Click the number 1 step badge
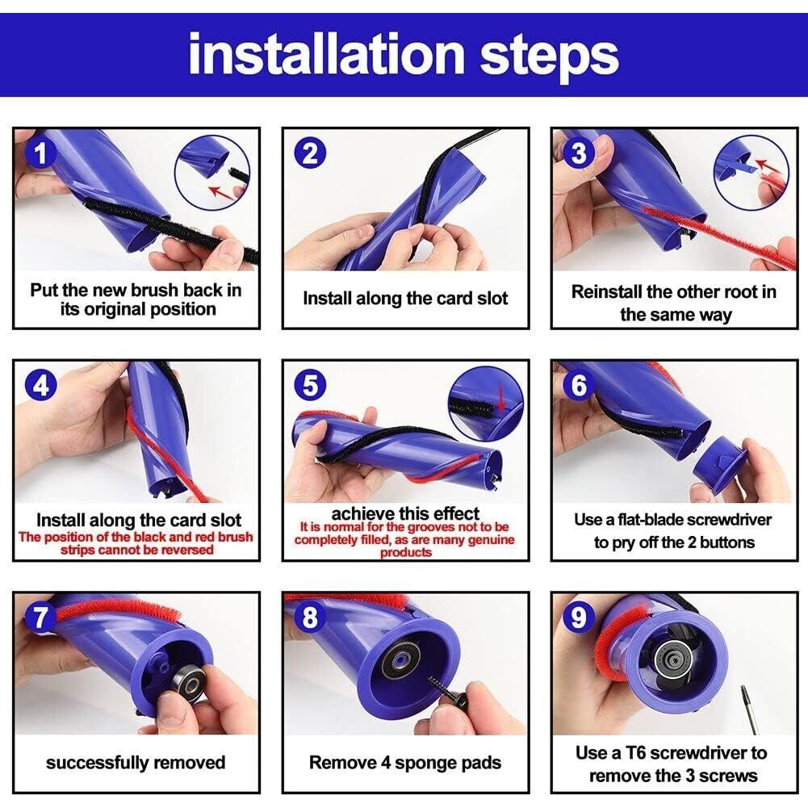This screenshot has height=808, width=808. (x=40, y=153)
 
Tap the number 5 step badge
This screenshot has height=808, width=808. (x=310, y=385)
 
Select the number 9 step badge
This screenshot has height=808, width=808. (x=579, y=618)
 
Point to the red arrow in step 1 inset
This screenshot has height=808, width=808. (x=220, y=191)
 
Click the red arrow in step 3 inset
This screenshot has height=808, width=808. (x=766, y=167)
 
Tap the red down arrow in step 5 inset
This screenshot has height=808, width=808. (x=500, y=399)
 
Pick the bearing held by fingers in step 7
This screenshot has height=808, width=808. (x=187, y=684)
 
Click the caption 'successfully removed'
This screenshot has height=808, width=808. (x=136, y=763)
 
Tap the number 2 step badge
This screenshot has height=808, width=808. (x=310, y=153)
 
